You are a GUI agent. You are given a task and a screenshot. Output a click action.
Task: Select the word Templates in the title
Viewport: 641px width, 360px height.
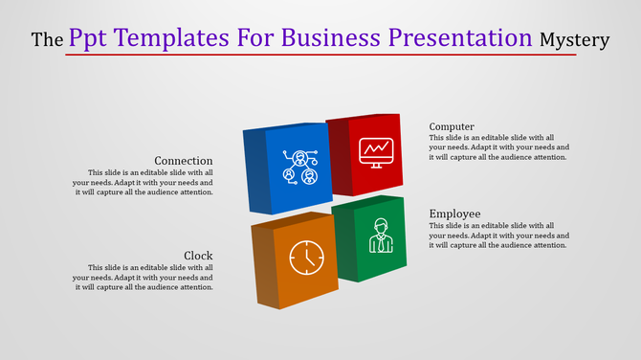coord(168,38)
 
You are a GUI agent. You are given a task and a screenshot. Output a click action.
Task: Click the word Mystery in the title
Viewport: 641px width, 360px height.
coord(574,40)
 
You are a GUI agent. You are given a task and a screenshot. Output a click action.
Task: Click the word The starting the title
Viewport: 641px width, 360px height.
coord(48,40)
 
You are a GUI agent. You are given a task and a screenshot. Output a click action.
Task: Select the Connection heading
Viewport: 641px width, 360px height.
coord(184,160)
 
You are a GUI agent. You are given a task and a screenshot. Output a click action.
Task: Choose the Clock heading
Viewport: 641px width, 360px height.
coord(198,255)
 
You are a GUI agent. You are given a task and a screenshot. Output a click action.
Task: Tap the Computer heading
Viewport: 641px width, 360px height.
coord(452,126)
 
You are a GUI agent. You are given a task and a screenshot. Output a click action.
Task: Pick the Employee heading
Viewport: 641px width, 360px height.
coord(454,213)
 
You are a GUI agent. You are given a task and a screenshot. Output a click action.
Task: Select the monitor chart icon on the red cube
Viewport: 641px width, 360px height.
coord(374,151)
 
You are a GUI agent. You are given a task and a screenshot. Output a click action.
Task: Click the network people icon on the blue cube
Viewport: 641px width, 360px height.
coord(299,167)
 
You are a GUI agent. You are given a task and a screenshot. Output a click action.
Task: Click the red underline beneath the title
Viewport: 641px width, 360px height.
coord(320,55)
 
